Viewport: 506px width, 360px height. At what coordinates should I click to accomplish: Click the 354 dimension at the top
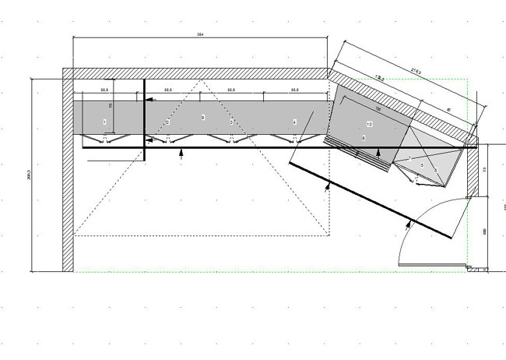coord(200,34)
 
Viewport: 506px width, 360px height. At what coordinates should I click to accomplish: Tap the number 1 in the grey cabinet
coord(104,122)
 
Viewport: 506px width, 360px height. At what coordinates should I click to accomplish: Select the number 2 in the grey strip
coord(167,122)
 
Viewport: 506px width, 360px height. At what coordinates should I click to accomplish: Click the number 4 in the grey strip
coord(294,122)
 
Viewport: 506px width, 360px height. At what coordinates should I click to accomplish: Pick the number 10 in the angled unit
coord(369,125)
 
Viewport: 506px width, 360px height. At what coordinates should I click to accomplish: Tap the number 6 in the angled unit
coord(364,137)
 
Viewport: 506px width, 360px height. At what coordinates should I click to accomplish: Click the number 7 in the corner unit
coord(410,158)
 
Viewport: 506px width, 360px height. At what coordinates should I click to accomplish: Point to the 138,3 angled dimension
coord(381,77)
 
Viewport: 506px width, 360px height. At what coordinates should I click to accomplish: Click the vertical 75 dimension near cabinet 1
coord(111,106)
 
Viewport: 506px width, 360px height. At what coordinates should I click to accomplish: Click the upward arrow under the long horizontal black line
coord(181,154)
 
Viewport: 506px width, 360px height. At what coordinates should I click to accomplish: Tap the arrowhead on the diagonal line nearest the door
coord(407,227)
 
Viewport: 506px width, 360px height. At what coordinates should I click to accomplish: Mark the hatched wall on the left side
coord(68,171)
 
